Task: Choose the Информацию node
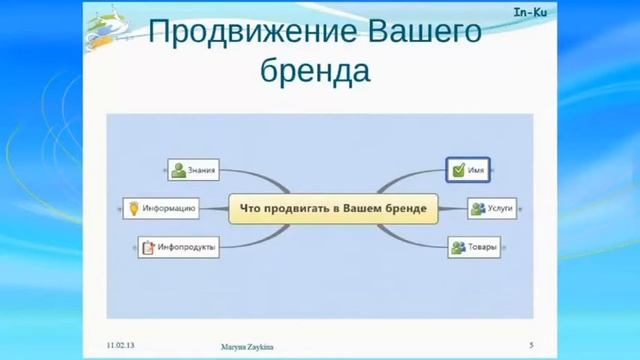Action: tap(159, 208)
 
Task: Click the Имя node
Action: tap(470, 170)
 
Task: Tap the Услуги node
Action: tap(492, 208)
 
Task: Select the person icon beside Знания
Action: tap(178, 170)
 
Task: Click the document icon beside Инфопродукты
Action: tap(147, 246)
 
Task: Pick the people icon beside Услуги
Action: tap(479, 208)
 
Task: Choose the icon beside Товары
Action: tap(458, 246)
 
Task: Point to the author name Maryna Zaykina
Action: tap(246, 346)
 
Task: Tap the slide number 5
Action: tap(531, 345)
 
